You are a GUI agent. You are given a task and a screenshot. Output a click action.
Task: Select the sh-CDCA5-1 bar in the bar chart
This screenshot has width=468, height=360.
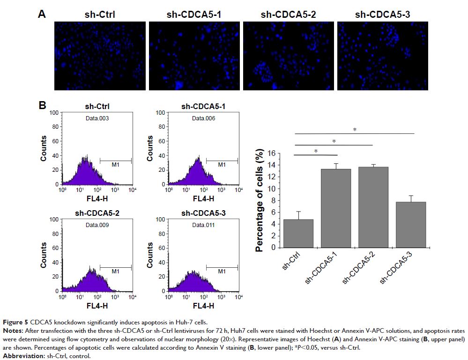pyautogui.click(x=336, y=208)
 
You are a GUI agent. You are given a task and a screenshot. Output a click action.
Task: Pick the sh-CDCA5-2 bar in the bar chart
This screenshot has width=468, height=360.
pyautogui.click(x=373, y=207)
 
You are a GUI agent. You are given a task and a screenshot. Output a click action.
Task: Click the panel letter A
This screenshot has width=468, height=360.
pyautogui.click(x=42, y=15)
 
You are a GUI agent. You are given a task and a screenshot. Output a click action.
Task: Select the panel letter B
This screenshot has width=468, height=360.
pyautogui.click(x=42, y=106)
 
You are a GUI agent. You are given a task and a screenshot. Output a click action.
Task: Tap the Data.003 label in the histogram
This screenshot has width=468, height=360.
pyautogui.click(x=97, y=118)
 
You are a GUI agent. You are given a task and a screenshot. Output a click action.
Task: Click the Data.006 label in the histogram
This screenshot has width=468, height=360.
pyautogui.click(x=204, y=118)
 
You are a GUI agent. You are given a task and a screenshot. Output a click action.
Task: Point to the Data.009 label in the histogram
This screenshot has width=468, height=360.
pyautogui.click(x=97, y=225)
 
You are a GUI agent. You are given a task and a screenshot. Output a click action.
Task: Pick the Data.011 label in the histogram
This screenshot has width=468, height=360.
pyautogui.click(x=204, y=225)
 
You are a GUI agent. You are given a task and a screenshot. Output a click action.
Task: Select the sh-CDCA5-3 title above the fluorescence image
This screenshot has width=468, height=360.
pyautogui.click(x=382, y=15)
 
